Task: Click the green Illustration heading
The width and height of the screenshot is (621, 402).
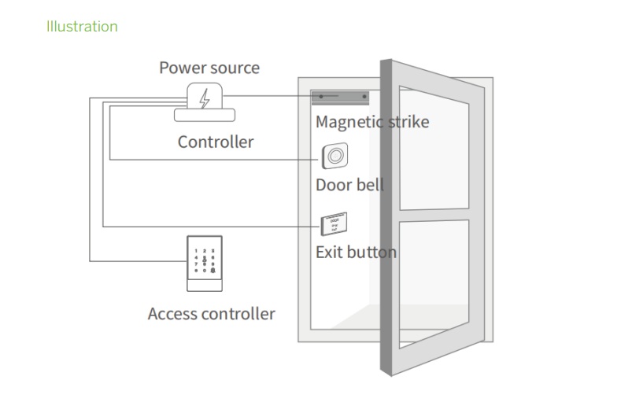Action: (x=82, y=27)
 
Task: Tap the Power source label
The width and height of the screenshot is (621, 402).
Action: (x=209, y=68)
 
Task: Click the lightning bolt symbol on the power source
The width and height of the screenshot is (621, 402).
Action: (x=205, y=99)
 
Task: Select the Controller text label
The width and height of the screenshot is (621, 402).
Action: (x=215, y=142)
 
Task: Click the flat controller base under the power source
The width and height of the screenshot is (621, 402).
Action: (x=205, y=115)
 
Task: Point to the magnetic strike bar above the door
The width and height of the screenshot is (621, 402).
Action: (x=341, y=97)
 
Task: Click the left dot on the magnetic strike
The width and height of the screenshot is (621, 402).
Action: (x=320, y=97)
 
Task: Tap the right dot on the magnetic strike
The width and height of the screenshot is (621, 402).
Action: (x=364, y=97)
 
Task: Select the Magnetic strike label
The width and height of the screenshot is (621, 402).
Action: (x=371, y=122)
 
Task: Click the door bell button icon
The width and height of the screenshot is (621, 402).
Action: (x=335, y=157)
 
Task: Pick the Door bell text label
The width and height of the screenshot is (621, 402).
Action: (x=349, y=186)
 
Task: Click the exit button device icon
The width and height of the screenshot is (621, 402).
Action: (x=333, y=224)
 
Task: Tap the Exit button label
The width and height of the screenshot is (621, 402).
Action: (x=355, y=253)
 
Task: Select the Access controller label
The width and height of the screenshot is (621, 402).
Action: (x=211, y=314)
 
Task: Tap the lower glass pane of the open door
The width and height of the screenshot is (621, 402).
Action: (x=434, y=283)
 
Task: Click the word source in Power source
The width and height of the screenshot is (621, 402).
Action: (x=235, y=68)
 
